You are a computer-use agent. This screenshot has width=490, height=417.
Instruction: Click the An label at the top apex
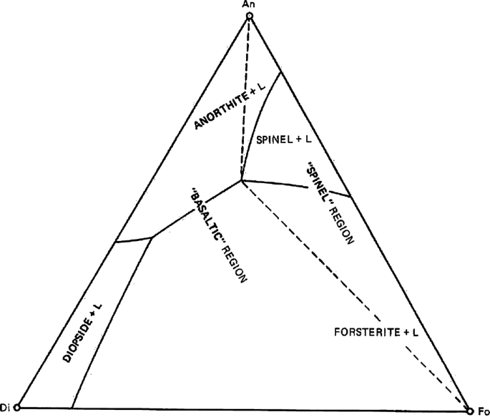(x=249, y=5)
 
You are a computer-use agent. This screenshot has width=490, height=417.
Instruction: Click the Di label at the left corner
(x=5, y=407)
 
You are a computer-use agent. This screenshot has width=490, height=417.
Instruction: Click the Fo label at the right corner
(x=483, y=411)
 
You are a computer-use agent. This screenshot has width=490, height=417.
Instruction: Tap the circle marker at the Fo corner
(x=469, y=411)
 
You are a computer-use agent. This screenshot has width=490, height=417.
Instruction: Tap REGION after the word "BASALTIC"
(x=233, y=265)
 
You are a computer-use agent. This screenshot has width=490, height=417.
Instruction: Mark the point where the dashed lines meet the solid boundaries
(x=241, y=180)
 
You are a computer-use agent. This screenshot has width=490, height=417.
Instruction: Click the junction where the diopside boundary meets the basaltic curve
(x=152, y=238)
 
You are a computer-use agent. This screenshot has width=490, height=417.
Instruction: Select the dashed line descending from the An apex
(x=245, y=100)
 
